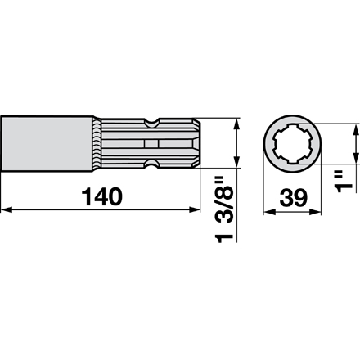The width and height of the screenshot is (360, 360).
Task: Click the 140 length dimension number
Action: pyautogui.click(x=102, y=196)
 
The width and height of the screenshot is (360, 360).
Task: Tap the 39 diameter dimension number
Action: pyautogui.click(x=293, y=198)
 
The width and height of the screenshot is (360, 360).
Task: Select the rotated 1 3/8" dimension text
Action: pyautogui.click(x=224, y=209)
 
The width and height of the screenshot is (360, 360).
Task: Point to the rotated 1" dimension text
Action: pyautogui.click(x=344, y=182)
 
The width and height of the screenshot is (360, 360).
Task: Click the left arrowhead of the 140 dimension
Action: pyautogui.click(x=7, y=209)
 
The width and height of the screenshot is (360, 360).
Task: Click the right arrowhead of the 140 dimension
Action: pyautogui.click(x=195, y=209)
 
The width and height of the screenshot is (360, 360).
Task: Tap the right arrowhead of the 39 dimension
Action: pyautogui.click(x=315, y=212)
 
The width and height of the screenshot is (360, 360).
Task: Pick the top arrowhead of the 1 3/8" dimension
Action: pyautogui.click(x=236, y=124)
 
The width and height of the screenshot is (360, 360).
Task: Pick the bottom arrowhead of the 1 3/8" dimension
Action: pyautogui.click(x=236, y=162)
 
